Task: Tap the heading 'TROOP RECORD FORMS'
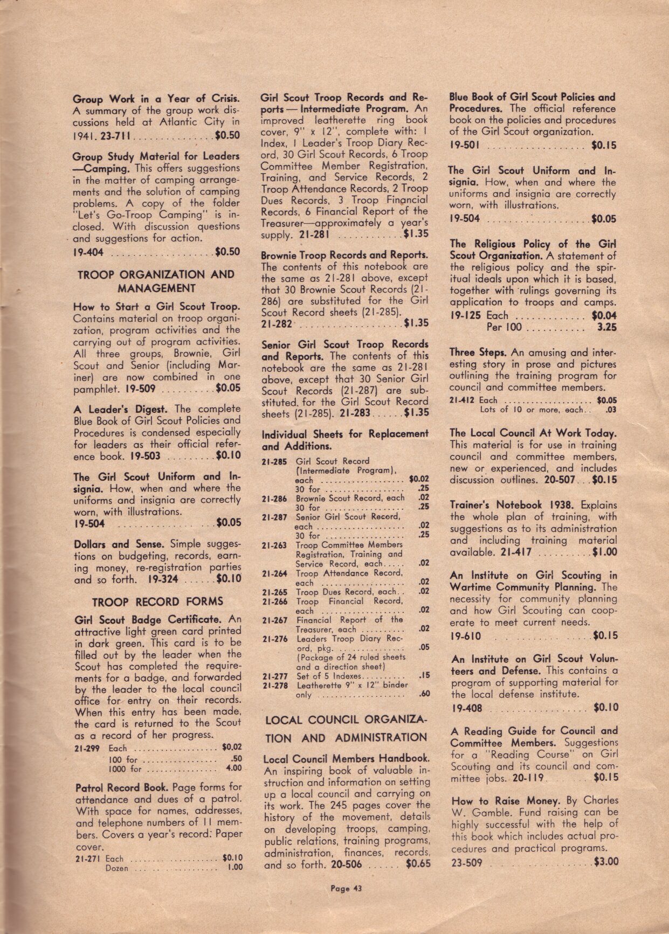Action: [157, 601]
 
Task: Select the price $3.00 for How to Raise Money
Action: [605, 861]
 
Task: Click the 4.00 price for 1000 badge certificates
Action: [234, 769]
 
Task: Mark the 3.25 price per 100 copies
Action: [606, 327]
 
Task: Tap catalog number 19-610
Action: [466, 636]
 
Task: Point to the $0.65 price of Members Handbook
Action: [418, 864]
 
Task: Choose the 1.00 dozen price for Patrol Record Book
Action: [235, 868]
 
